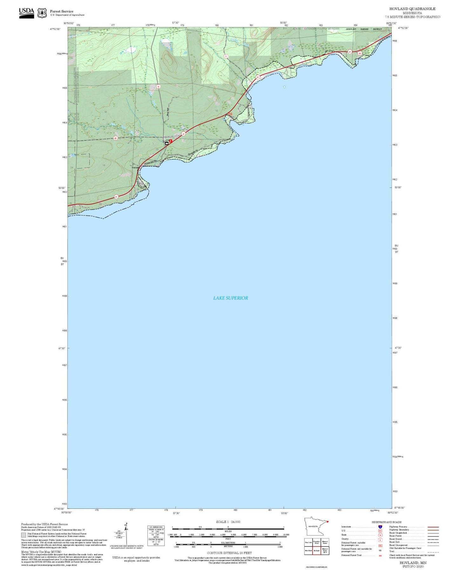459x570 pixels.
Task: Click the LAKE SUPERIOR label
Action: pos(230,298)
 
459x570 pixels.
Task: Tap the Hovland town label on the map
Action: pos(136,167)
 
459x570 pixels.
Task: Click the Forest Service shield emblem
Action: pos(42,13)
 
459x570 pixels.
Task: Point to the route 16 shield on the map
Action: pos(158,86)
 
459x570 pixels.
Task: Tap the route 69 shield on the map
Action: pos(115,138)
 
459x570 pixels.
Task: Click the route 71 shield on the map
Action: pos(226,56)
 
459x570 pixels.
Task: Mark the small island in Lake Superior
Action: pos(284,87)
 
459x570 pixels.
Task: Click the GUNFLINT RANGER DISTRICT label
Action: pos(364,29)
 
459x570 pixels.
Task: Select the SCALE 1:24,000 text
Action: pos(228,522)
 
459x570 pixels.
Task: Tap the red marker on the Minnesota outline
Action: pos(327,521)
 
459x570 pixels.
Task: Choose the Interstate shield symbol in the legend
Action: pos(380,527)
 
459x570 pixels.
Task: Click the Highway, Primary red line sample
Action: pos(433,527)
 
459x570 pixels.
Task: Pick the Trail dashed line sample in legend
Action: pos(433,552)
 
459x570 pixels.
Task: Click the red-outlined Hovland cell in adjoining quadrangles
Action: pos(317,551)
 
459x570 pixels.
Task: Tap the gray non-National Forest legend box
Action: pos(24,535)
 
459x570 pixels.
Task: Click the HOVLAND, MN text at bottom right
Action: pos(413,563)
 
